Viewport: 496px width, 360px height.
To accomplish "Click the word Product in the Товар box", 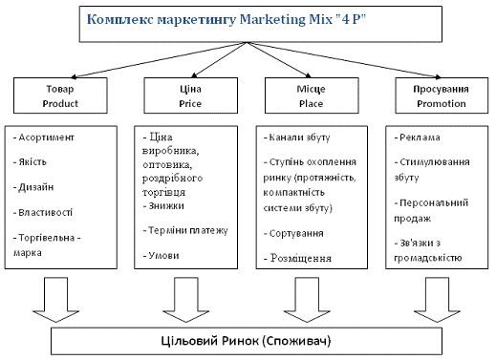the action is (x=60, y=103).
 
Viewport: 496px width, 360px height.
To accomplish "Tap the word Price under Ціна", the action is (x=190, y=103).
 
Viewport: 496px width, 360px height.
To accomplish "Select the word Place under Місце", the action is (x=312, y=103).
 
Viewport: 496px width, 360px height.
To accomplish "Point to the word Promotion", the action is (x=442, y=103).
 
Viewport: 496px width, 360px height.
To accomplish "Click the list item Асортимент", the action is (x=44, y=138).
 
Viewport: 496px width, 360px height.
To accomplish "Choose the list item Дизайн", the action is (x=33, y=187).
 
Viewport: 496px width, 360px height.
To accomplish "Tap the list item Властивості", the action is (x=43, y=212).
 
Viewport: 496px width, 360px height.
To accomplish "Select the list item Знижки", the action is (x=163, y=206).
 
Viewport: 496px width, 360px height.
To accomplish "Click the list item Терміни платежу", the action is (x=185, y=230).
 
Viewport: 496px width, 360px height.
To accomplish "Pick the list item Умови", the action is (x=161, y=255).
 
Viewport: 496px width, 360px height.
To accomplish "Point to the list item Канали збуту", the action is (x=297, y=138).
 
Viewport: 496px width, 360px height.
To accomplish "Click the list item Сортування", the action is (x=293, y=233).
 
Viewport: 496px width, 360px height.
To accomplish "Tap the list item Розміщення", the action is (x=297, y=258).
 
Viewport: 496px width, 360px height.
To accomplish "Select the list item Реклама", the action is (x=418, y=138).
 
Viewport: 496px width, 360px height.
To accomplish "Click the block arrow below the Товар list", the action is (x=55, y=300).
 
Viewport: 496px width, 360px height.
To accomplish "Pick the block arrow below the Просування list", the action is (x=437, y=300).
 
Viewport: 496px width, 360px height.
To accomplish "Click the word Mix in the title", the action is (x=320, y=19).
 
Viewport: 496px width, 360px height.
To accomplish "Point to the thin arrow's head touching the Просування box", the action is (x=439, y=77).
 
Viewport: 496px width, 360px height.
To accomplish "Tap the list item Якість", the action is (x=30, y=162).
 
